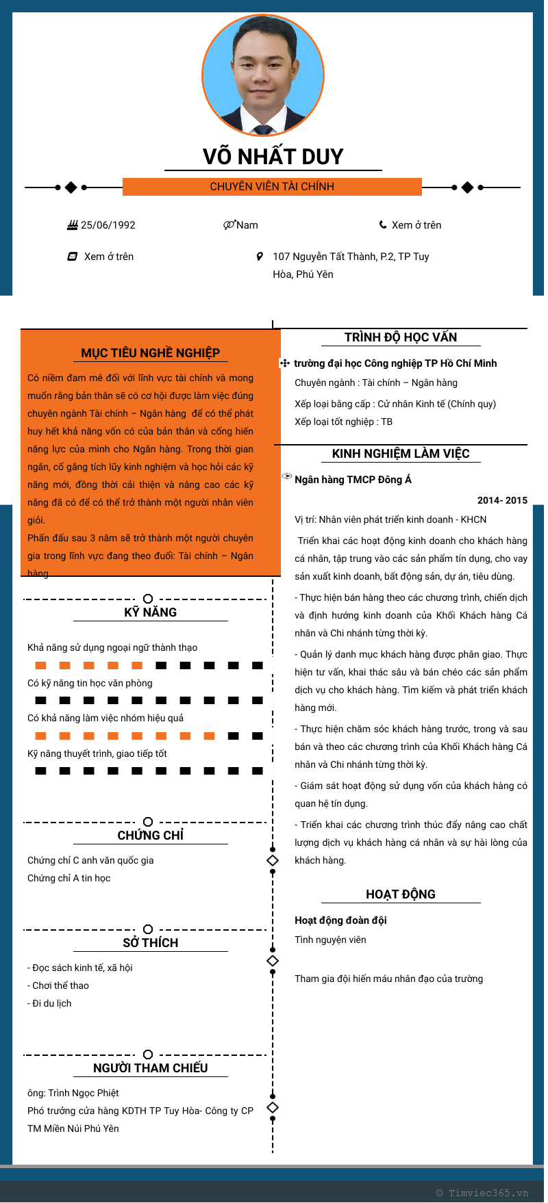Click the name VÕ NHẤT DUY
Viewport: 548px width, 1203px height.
[273, 157]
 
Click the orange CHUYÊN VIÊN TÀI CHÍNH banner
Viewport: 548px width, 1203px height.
[272, 187]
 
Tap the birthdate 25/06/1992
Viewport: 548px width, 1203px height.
[108, 225]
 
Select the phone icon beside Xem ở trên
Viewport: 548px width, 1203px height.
[383, 224]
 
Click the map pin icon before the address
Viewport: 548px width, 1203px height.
[260, 257]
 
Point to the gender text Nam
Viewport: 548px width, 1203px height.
[247, 225]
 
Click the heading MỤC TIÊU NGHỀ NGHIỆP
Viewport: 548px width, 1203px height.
[150, 353]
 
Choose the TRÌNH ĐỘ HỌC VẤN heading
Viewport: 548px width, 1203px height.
[400, 337]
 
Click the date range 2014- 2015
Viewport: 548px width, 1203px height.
[502, 500]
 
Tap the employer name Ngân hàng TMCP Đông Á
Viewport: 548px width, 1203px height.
[353, 480]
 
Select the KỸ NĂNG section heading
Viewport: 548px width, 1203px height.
[150, 612]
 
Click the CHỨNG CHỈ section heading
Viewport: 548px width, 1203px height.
[150, 836]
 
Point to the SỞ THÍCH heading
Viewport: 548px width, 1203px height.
[150, 943]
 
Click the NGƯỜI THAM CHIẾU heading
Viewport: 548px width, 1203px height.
[150, 1068]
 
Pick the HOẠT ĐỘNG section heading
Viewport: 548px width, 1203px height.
[400, 894]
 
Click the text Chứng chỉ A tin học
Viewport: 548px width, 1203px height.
[68, 878]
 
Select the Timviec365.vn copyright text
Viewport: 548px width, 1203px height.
[482, 1193]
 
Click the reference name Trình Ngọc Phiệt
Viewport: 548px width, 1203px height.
[83, 1093]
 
